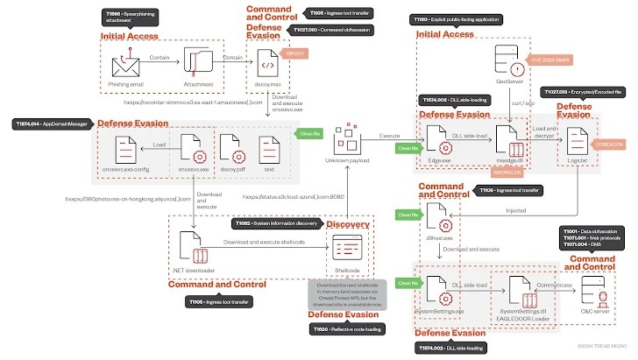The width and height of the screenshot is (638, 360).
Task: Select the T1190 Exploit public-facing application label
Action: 459,18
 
